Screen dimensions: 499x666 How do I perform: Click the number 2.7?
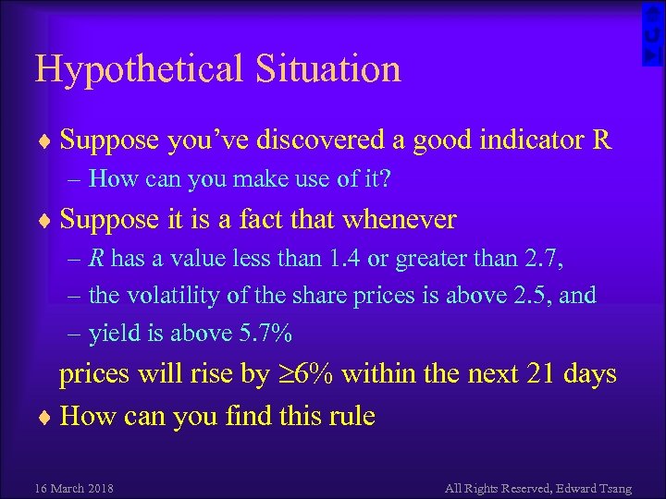click(x=546, y=258)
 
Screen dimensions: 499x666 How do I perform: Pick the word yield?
click(x=109, y=334)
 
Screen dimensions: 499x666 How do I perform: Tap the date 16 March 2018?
click(x=73, y=487)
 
